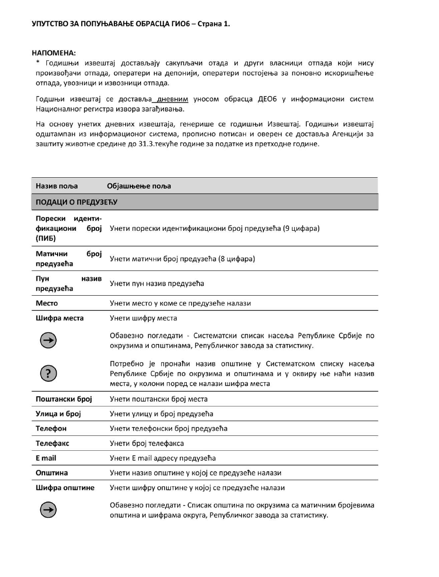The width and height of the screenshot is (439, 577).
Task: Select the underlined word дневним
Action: point(172,99)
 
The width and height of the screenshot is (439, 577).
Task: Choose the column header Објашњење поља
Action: point(139,185)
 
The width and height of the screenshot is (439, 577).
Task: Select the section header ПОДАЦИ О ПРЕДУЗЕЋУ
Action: point(76,202)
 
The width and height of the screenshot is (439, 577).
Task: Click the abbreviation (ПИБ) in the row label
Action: point(46,239)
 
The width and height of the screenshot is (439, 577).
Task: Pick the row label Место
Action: point(46,303)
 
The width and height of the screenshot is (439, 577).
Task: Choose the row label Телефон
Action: point(51,429)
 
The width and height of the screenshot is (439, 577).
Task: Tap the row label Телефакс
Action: point(52,443)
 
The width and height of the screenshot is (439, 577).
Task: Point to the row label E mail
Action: point(46,458)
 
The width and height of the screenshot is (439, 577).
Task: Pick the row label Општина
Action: point(51,472)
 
